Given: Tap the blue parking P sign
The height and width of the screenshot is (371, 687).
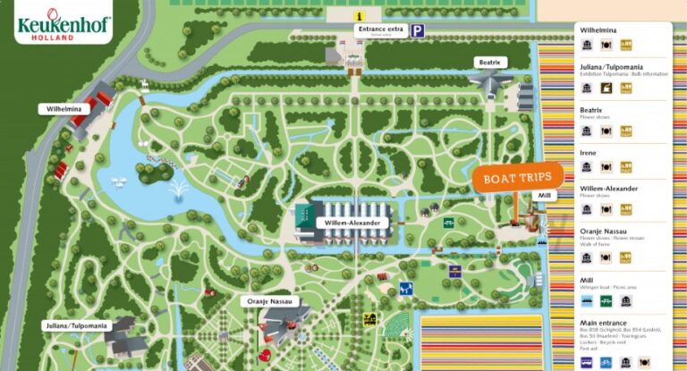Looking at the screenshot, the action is tap(418, 30).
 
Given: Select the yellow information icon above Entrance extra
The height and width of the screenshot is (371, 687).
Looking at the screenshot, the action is tap(359, 15).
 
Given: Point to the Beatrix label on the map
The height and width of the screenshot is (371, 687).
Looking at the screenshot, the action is tap(492, 62).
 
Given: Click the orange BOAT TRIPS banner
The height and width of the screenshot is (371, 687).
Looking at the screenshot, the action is tap(518, 177).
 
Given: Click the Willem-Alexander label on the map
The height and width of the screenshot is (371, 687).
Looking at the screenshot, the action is tap(352, 223).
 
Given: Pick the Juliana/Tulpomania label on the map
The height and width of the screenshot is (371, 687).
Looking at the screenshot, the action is tap(78, 325).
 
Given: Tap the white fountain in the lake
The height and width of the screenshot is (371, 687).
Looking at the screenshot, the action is tap(180, 190).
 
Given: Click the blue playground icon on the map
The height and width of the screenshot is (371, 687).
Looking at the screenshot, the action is tap(405, 289).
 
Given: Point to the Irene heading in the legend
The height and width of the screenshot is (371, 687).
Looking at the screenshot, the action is tap(589, 153).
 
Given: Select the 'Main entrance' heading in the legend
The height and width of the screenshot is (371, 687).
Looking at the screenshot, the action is tap(603, 323).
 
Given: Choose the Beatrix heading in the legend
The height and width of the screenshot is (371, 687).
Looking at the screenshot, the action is tap(591, 110).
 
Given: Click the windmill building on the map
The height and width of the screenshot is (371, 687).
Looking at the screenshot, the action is tap(543, 215).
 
